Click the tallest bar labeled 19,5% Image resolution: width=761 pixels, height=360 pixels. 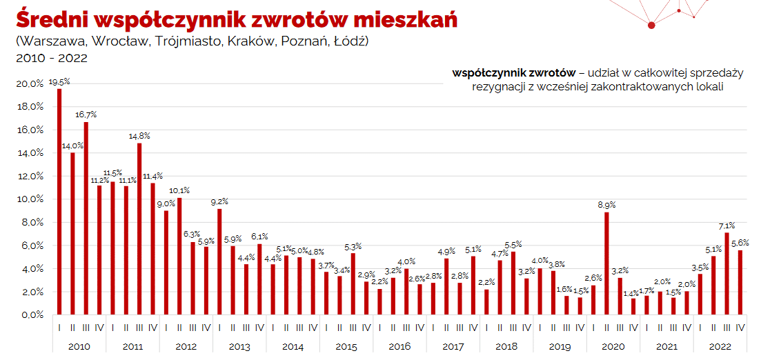pos(59,202)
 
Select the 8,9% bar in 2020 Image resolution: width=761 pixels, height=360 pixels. pos(606,263)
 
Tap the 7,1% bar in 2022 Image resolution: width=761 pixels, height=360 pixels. pos(727,274)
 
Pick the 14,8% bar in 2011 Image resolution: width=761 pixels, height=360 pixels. pos(139,229)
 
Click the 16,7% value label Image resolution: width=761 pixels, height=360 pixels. pos(86,115)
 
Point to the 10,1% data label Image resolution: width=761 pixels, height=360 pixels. pos(179,190)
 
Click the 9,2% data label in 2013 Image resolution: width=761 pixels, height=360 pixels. pos(219,201)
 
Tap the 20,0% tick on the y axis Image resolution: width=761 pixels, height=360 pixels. pos(30,84)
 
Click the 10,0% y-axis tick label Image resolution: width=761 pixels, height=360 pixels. pos(30,199)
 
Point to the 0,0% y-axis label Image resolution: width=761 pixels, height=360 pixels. pos(32,315)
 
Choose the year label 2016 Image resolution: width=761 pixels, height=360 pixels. pos(399,347)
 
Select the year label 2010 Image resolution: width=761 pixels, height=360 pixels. pos(79,347)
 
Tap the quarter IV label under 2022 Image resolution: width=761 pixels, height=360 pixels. pos(740,328)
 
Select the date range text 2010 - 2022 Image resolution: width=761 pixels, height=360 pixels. pos(52,58)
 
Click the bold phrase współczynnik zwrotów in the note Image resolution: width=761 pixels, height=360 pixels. pos(514,73)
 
